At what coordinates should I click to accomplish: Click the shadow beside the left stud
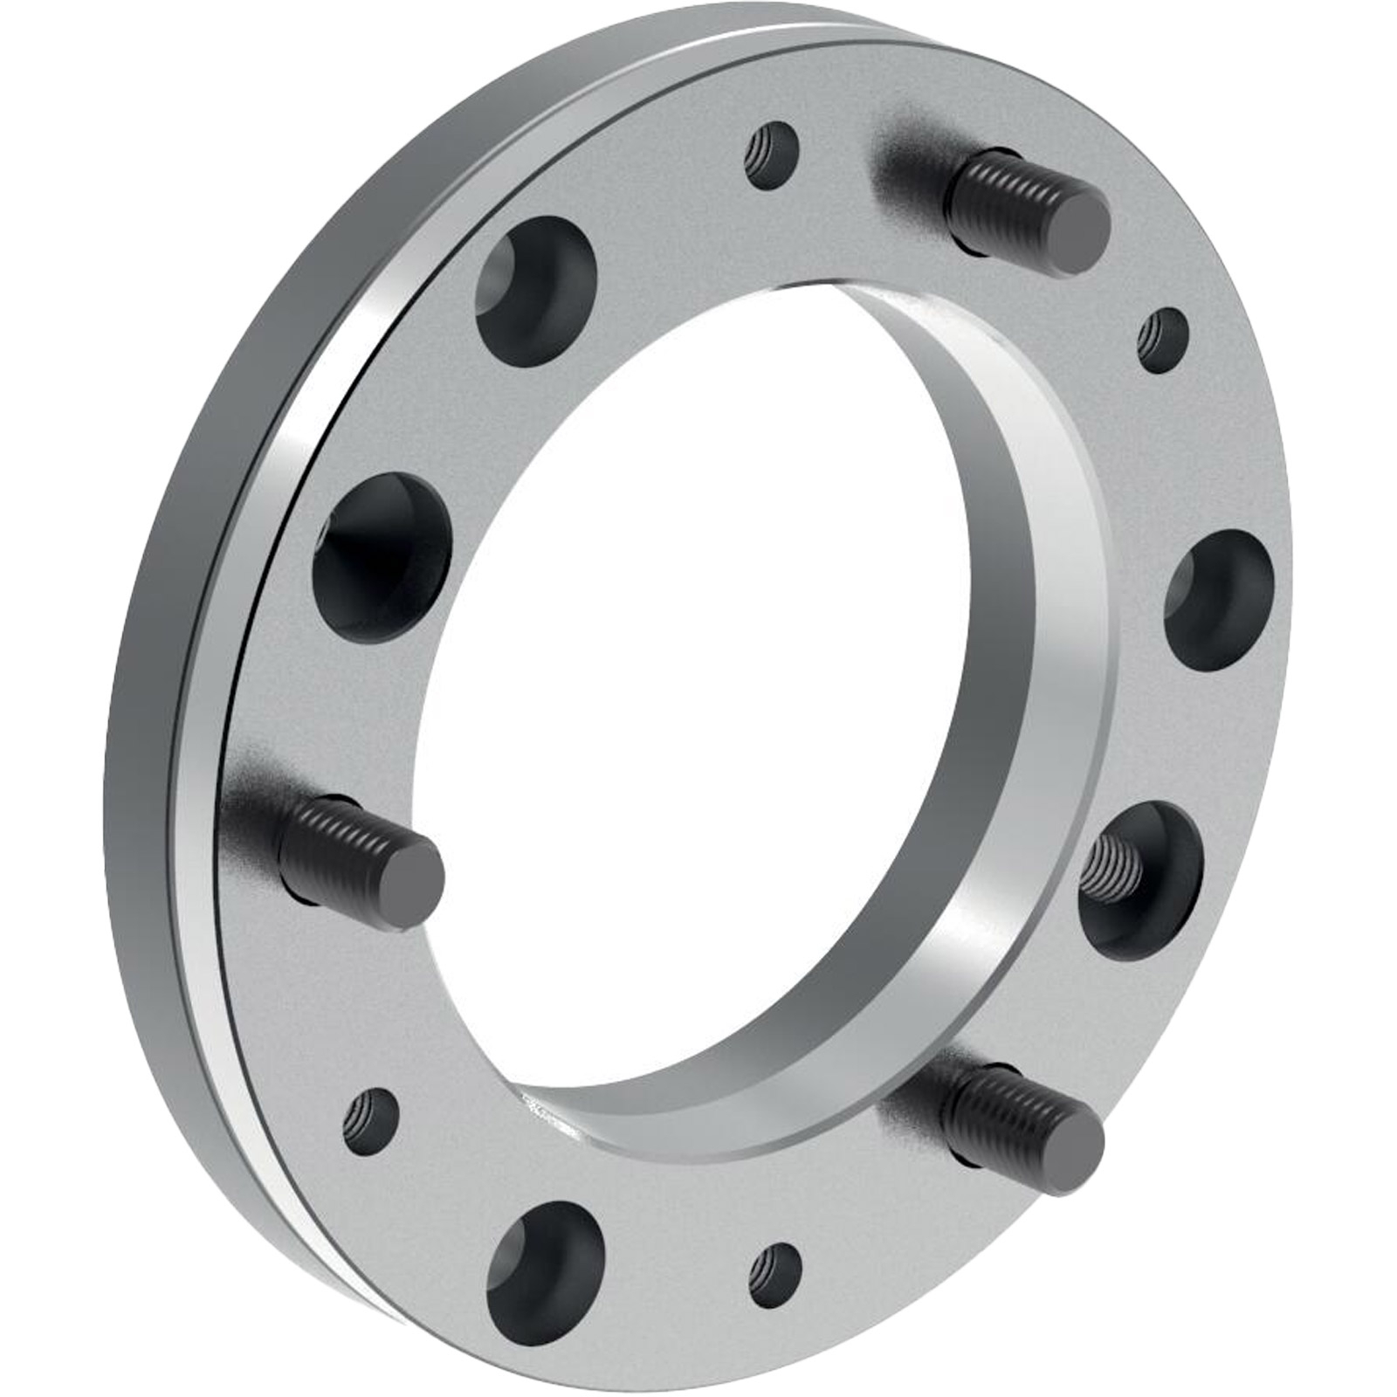coord(253,786)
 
